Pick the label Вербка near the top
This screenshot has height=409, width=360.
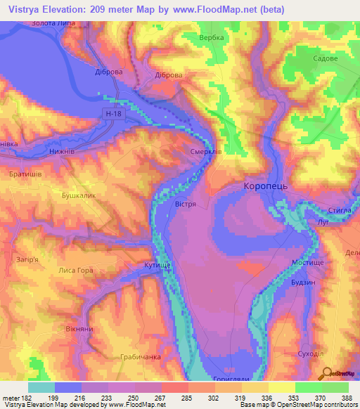tap(211, 37)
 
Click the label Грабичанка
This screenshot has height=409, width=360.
tap(140, 357)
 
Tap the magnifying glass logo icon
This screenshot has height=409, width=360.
tap(326, 374)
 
